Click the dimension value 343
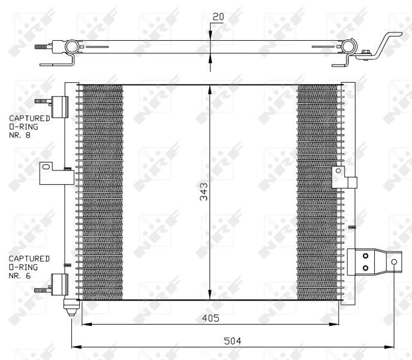coord(204,192)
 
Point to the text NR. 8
coord(19,136)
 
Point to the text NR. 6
coord(19,275)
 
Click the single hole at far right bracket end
coord(394,262)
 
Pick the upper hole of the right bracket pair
coord(365,255)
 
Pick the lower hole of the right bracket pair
coord(365,268)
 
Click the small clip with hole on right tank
coord(339,172)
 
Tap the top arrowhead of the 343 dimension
coord(209,89)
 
